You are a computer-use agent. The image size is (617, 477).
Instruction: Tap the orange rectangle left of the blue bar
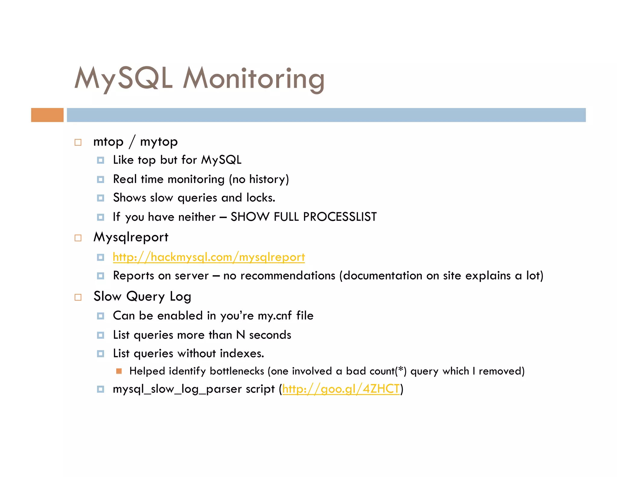point(47,115)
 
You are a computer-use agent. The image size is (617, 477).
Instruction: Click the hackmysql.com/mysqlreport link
point(209,257)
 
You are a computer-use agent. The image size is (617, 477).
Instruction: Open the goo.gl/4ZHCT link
point(341,389)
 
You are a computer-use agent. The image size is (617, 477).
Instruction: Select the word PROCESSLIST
point(340,217)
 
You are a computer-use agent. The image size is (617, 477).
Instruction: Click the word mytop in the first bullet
point(159,142)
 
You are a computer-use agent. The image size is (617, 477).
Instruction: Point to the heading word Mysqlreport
point(131,237)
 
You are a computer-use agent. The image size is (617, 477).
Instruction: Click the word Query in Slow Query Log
point(146,297)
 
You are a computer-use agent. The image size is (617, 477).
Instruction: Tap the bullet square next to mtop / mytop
point(78,142)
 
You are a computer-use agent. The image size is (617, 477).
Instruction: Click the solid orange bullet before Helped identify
point(119,371)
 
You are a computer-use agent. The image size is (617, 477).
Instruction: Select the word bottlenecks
point(237,371)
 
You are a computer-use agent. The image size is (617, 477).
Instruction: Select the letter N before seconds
point(240,335)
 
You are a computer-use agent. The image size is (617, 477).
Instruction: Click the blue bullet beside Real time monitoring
point(101,180)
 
